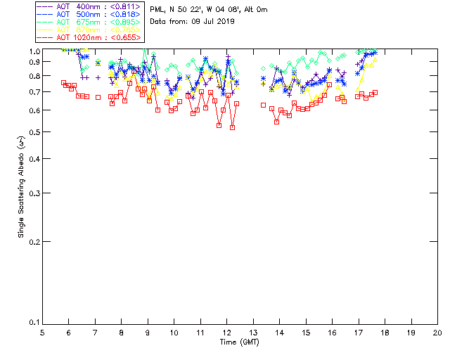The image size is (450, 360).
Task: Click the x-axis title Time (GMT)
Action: tap(239, 342)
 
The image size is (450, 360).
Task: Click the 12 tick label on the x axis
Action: tap(227, 333)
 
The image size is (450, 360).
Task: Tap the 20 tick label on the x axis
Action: tap(437, 333)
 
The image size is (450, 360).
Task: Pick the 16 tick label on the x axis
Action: tap(332, 333)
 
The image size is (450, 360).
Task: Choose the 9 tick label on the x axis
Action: tap(148, 333)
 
